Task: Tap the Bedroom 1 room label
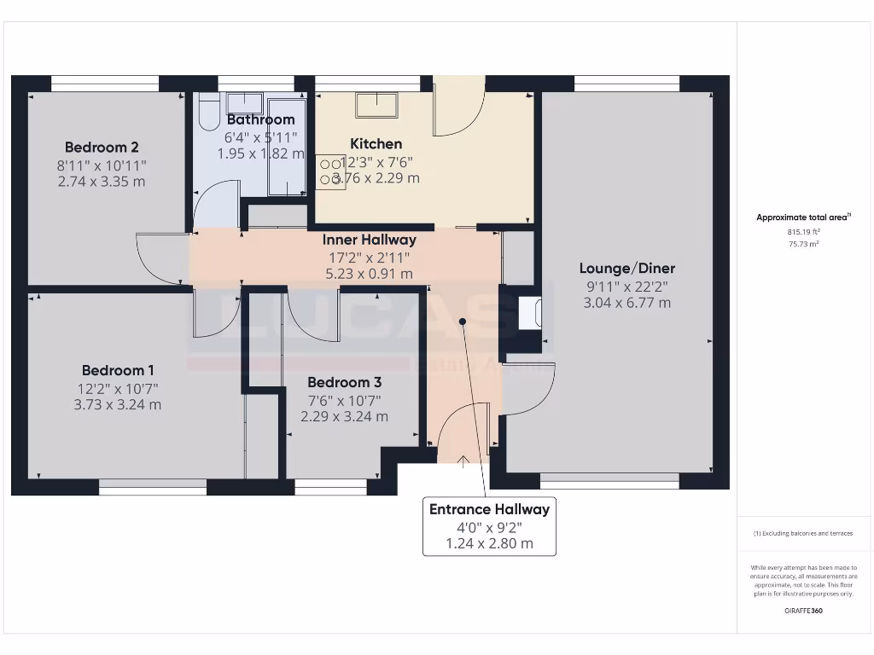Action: pos(118,370)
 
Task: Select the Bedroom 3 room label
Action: pos(344,382)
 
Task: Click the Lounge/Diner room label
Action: pos(626,268)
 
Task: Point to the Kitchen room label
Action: pos(376,143)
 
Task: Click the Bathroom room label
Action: pos(260,119)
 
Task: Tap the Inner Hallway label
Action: pos(369,240)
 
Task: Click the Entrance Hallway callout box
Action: pos(489,526)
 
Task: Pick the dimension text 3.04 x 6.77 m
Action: pos(626,303)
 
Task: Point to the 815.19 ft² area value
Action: pos(803,232)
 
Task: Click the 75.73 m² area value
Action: pos(803,244)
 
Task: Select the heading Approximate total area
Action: pos(802,217)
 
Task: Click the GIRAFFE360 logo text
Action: pos(802,611)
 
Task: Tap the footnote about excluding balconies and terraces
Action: pos(802,533)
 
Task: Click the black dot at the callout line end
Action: pos(463,322)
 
